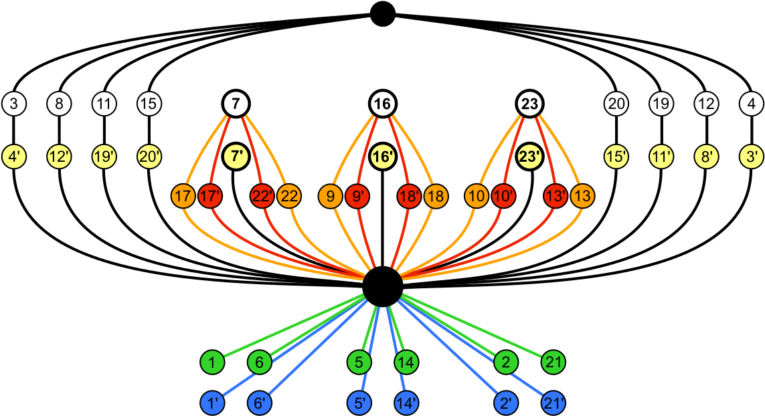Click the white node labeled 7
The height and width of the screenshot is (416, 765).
236,104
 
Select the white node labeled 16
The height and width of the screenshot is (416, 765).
382,104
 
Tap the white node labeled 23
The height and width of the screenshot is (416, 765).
529,104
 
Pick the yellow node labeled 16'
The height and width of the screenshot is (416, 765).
382,157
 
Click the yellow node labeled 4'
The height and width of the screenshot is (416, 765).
14,157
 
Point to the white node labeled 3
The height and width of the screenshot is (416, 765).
14,104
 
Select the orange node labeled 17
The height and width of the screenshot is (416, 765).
183,197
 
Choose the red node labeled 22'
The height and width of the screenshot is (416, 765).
262,197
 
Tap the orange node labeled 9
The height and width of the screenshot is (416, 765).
331,197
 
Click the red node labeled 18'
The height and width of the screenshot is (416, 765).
409,197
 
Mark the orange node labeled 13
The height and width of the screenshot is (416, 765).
582,197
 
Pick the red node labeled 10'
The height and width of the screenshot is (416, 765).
503,197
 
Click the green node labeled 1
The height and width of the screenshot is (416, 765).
212,362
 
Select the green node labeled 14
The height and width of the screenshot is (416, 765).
406,362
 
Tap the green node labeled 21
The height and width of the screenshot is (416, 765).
554,362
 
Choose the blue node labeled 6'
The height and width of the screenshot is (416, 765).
259,403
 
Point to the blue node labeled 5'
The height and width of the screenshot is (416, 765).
359,403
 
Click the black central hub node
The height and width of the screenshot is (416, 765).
382,287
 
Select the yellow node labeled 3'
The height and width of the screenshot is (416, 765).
752,157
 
